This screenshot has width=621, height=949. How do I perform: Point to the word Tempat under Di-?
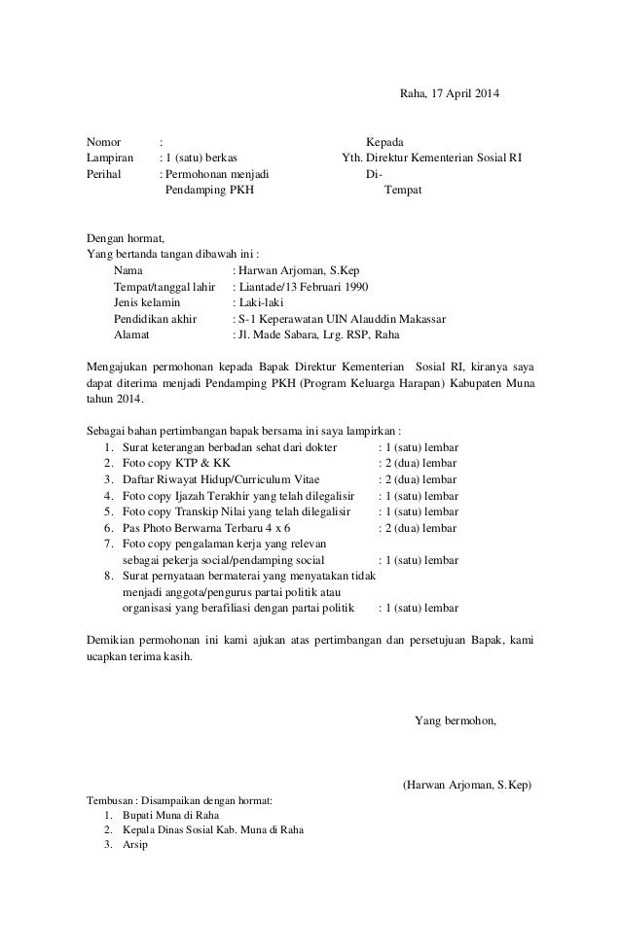(x=404, y=191)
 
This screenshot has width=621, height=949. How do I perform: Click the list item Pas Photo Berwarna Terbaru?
(x=198, y=527)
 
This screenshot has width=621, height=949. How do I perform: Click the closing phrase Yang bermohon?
(x=456, y=721)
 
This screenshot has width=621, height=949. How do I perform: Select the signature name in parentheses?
(x=467, y=785)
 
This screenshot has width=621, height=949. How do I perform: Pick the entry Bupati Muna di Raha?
(x=171, y=815)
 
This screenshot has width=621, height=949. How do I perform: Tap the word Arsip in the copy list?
(x=135, y=846)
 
